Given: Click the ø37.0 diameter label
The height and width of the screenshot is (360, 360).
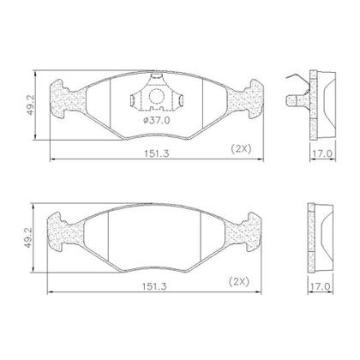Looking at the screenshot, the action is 157,121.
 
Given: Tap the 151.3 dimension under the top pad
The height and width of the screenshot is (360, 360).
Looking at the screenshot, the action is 156,153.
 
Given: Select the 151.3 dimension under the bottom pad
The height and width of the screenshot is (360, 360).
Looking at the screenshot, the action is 154,286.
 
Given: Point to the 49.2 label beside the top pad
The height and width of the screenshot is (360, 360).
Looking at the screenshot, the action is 31,105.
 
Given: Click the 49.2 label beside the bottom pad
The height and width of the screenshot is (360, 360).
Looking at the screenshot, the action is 28,237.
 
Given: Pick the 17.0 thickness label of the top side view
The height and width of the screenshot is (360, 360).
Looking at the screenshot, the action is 321,153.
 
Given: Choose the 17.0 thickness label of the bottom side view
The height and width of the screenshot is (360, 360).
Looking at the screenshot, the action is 320,286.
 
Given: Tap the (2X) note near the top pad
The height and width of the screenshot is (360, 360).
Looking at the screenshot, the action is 241,148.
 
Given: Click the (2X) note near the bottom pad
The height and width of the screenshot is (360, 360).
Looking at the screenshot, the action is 239,282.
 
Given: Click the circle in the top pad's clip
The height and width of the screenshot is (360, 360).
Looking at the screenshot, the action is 156,96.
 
